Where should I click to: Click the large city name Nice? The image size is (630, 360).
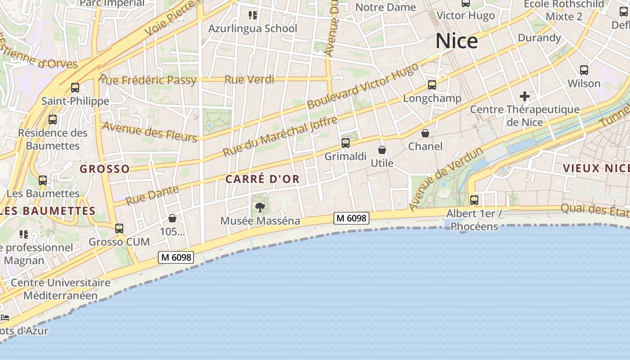pos(456,41)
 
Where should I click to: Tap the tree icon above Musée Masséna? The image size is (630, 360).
pos(260,207)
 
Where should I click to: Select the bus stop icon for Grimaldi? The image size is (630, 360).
pos(345,143)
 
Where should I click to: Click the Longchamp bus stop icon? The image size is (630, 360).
pos(432,85)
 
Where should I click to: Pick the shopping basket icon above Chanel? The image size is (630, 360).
pos(425,133)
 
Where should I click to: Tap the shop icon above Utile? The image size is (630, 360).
pos(382,150)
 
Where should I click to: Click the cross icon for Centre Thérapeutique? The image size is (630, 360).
pos(524,96)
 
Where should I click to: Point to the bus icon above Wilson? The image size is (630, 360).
pos(584,70)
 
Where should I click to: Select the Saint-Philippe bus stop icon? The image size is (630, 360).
pos(75,88)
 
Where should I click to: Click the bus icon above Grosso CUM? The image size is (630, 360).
pos(119,229)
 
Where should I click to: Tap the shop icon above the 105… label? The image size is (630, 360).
pos(172,219)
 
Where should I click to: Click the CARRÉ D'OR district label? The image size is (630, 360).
pos(262,179)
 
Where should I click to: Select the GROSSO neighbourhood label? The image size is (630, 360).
pos(105,169)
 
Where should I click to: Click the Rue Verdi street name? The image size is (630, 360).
pos(249,80)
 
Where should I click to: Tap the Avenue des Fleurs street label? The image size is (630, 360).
pos(149,131)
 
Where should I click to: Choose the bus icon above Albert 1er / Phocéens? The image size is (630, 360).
pos(474,200)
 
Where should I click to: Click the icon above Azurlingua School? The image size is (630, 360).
pos(253,16)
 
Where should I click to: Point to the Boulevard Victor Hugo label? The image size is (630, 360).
pos(363,86)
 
